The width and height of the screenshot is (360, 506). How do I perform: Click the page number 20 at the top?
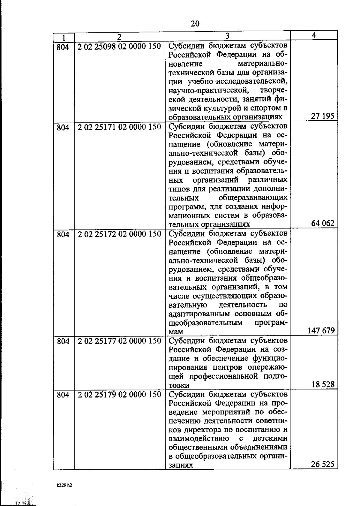[195, 24]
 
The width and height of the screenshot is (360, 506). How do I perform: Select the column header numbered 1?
[64, 37]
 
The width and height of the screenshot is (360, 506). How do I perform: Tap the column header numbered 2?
[119, 37]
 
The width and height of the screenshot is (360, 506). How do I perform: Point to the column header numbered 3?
[227, 36]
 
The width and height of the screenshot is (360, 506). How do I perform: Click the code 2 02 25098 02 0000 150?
[119, 47]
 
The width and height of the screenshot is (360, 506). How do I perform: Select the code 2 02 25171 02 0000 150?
[119, 127]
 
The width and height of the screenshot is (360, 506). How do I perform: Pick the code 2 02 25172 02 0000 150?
[119, 234]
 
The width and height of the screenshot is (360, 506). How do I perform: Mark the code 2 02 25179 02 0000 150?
[119, 394]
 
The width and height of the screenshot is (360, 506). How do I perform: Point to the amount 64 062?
[323, 223]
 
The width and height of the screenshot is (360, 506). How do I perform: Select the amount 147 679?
[321, 331]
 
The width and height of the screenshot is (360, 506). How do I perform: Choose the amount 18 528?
[323, 384]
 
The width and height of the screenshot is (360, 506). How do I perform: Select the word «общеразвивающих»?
[253, 198]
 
